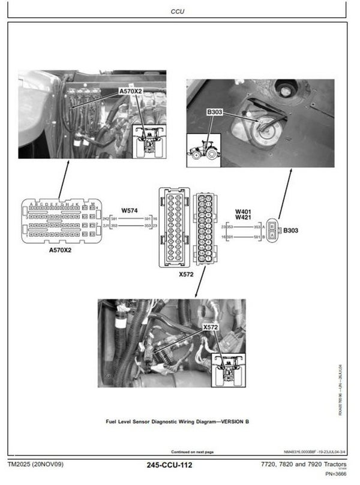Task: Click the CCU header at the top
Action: [x=178, y=11]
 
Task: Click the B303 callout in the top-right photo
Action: [x=215, y=111]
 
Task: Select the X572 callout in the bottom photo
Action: [x=211, y=327]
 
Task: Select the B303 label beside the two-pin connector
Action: [x=292, y=230]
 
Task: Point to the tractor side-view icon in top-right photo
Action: [x=202, y=147]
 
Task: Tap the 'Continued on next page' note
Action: [x=192, y=451]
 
